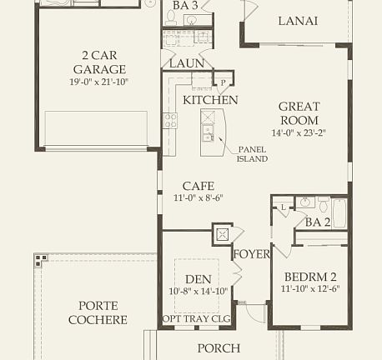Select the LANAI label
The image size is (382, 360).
(x=298, y=22)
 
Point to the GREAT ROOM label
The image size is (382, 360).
(x=299, y=112)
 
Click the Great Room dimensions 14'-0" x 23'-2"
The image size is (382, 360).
(x=299, y=132)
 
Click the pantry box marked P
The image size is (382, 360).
(x=222, y=82)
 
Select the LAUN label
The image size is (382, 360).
(x=185, y=63)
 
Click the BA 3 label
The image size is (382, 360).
(x=185, y=5)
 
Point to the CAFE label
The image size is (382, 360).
(x=199, y=186)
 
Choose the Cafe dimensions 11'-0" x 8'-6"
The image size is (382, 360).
(x=199, y=198)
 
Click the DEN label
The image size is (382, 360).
(x=199, y=279)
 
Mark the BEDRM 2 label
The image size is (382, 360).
(x=310, y=277)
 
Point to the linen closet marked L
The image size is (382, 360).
(x=283, y=206)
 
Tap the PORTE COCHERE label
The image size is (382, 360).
(x=103, y=312)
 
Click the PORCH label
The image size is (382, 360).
(x=219, y=348)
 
